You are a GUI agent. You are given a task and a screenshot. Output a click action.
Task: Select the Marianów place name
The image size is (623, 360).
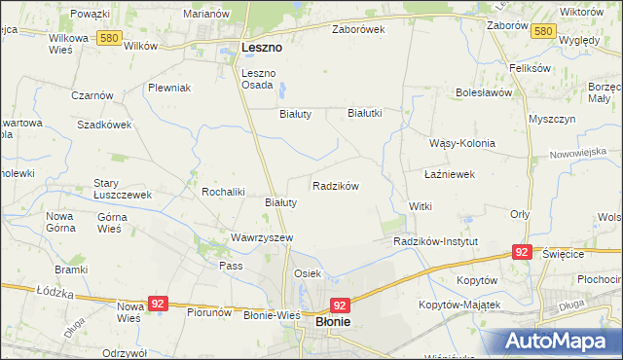pos(206,14)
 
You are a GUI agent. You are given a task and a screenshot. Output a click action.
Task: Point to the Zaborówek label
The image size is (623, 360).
pos(358,29)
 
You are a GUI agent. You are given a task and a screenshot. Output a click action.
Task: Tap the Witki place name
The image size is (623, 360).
pos(420,207)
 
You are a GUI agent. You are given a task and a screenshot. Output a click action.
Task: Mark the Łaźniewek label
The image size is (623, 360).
pos(450,174)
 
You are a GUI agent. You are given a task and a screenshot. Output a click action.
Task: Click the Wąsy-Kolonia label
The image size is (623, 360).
pos(462,143)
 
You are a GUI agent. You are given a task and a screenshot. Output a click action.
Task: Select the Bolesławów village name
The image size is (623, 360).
pos(483,93)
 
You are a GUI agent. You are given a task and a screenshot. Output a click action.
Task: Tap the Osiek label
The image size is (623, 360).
pos(308,274)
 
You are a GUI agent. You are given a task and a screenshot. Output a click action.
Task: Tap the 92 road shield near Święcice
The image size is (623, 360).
pos(522,252)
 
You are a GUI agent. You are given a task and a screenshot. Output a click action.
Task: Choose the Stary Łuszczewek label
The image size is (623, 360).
pos(122,189)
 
